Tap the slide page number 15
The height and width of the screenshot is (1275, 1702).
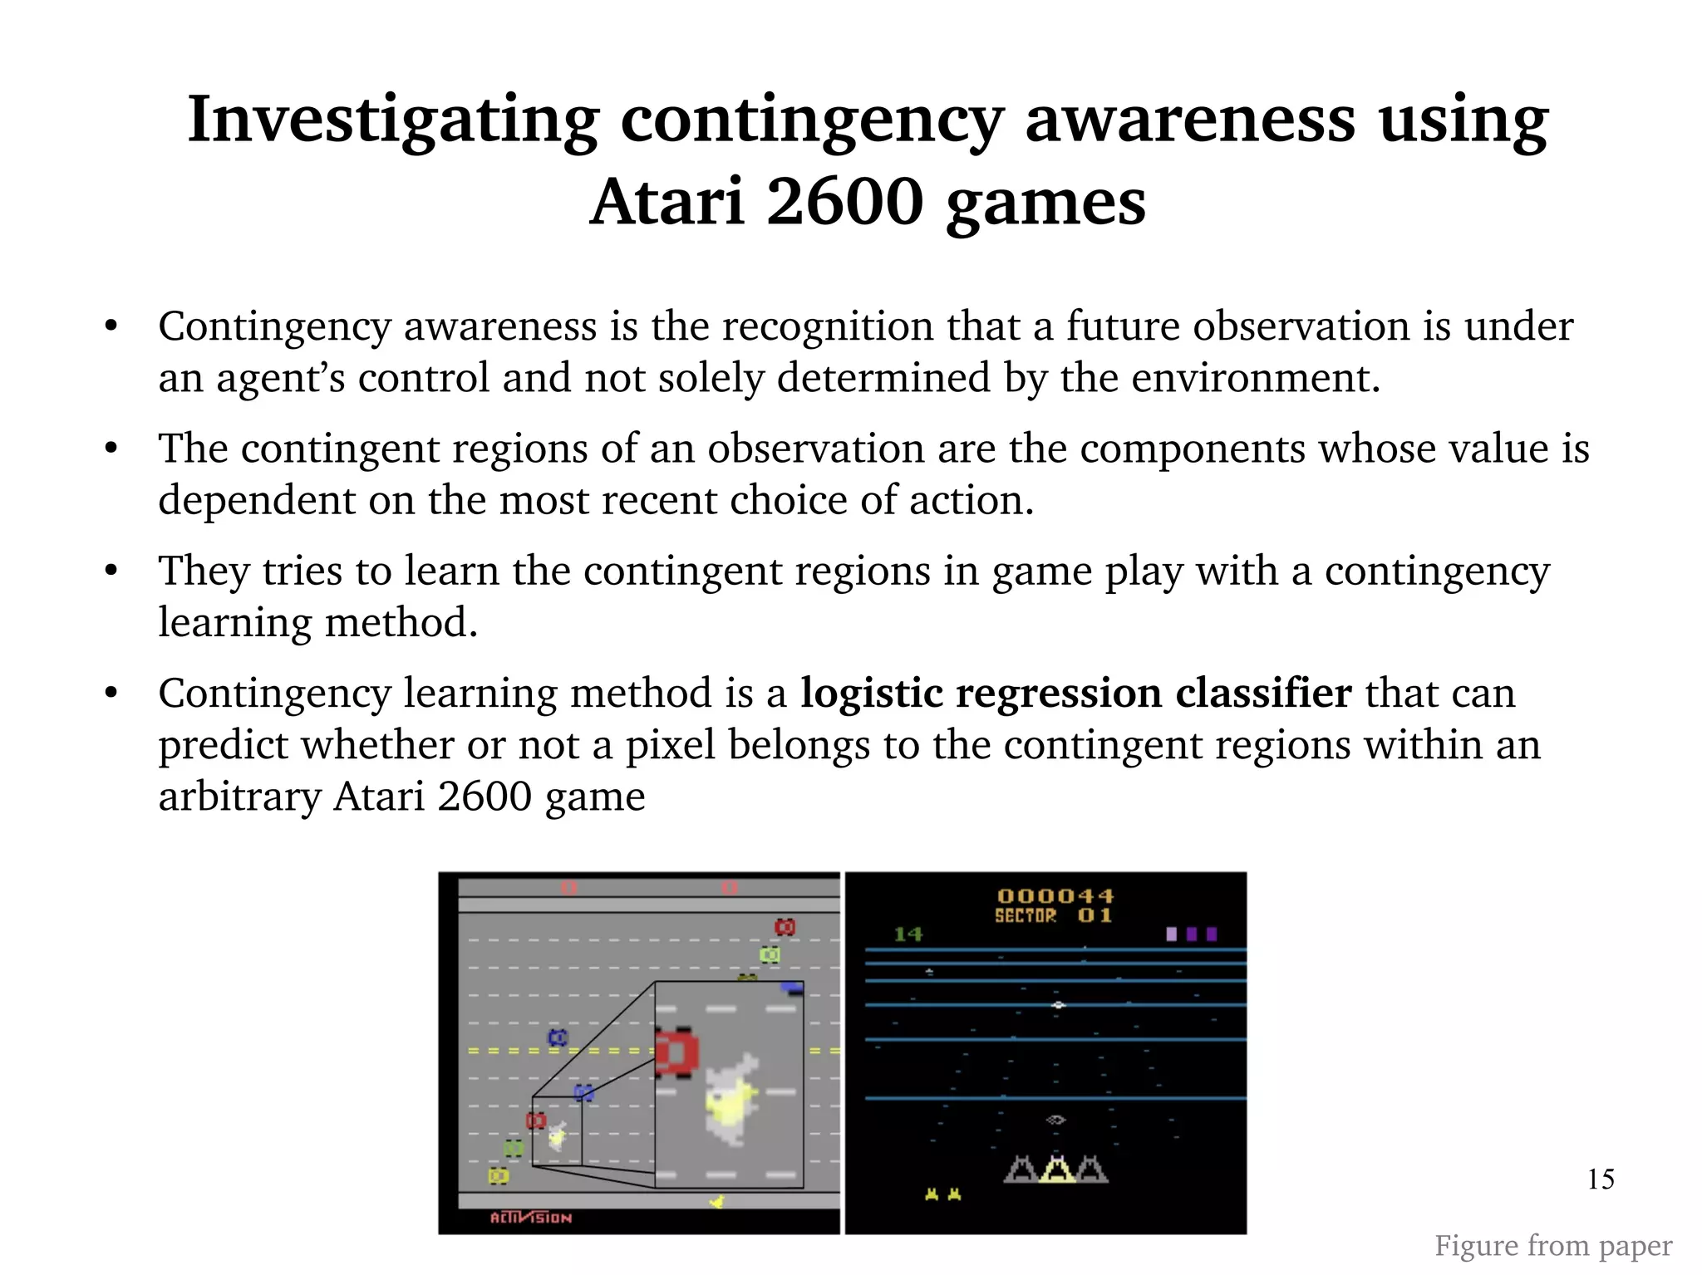click(x=1600, y=1179)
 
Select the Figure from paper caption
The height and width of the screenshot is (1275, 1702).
click(x=1552, y=1245)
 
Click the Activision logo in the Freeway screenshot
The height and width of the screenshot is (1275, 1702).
click(x=530, y=1218)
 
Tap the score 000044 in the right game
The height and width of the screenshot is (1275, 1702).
click(x=1055, y=895)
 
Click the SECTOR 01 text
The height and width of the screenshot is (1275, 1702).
click(x=1053, y=915)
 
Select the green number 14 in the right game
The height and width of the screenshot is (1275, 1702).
click(x=908, y=934)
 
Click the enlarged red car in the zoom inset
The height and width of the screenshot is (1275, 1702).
click(x=676, y=1052)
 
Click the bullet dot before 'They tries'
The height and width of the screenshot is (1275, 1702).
click(x=111, y=571)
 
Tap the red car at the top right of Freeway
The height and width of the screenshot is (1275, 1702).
click(x=785, y=927)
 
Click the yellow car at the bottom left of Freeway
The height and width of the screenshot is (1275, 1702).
click(x=498, y=1176)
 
